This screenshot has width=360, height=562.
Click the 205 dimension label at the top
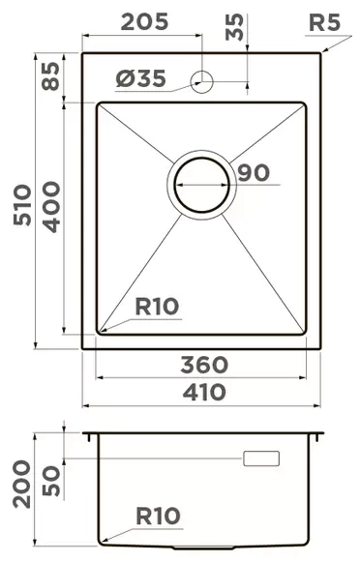coord(145,20)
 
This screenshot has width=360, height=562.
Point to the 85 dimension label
coord(50,75)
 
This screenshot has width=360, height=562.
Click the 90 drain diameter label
coord(253,173)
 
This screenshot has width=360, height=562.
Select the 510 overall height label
coord(21,204)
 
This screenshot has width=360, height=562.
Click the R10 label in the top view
coord(157,308)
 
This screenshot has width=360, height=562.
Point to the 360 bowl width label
coord(204,366)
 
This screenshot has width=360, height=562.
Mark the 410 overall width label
coord(204,392)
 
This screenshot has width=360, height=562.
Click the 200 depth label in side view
coord(21,485)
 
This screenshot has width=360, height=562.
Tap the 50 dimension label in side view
coord(50,480)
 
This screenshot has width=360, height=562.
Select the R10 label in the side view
coord(157,516)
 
